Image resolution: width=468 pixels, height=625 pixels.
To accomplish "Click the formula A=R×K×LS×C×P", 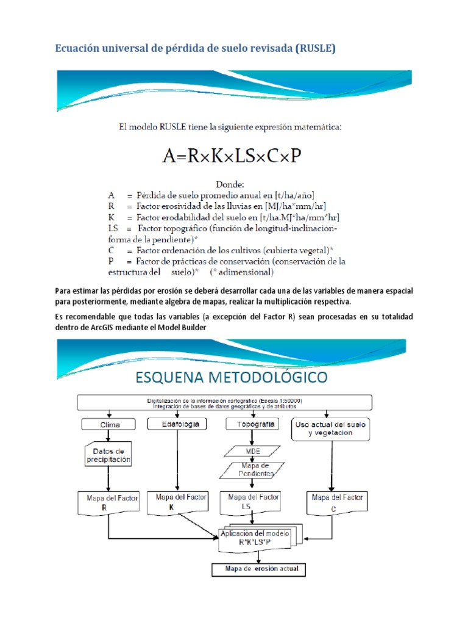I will (232, 156).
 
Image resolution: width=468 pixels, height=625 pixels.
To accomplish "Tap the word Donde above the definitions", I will (230, 183).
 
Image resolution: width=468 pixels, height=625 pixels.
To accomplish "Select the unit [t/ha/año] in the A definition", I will (294, 195).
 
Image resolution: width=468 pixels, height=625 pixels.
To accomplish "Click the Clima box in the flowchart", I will (109, 424).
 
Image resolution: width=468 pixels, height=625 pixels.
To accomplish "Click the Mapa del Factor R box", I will (108, 502).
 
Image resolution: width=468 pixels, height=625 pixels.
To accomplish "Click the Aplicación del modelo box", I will (257, 537).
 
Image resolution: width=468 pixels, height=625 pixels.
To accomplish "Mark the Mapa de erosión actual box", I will (258, 569).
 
